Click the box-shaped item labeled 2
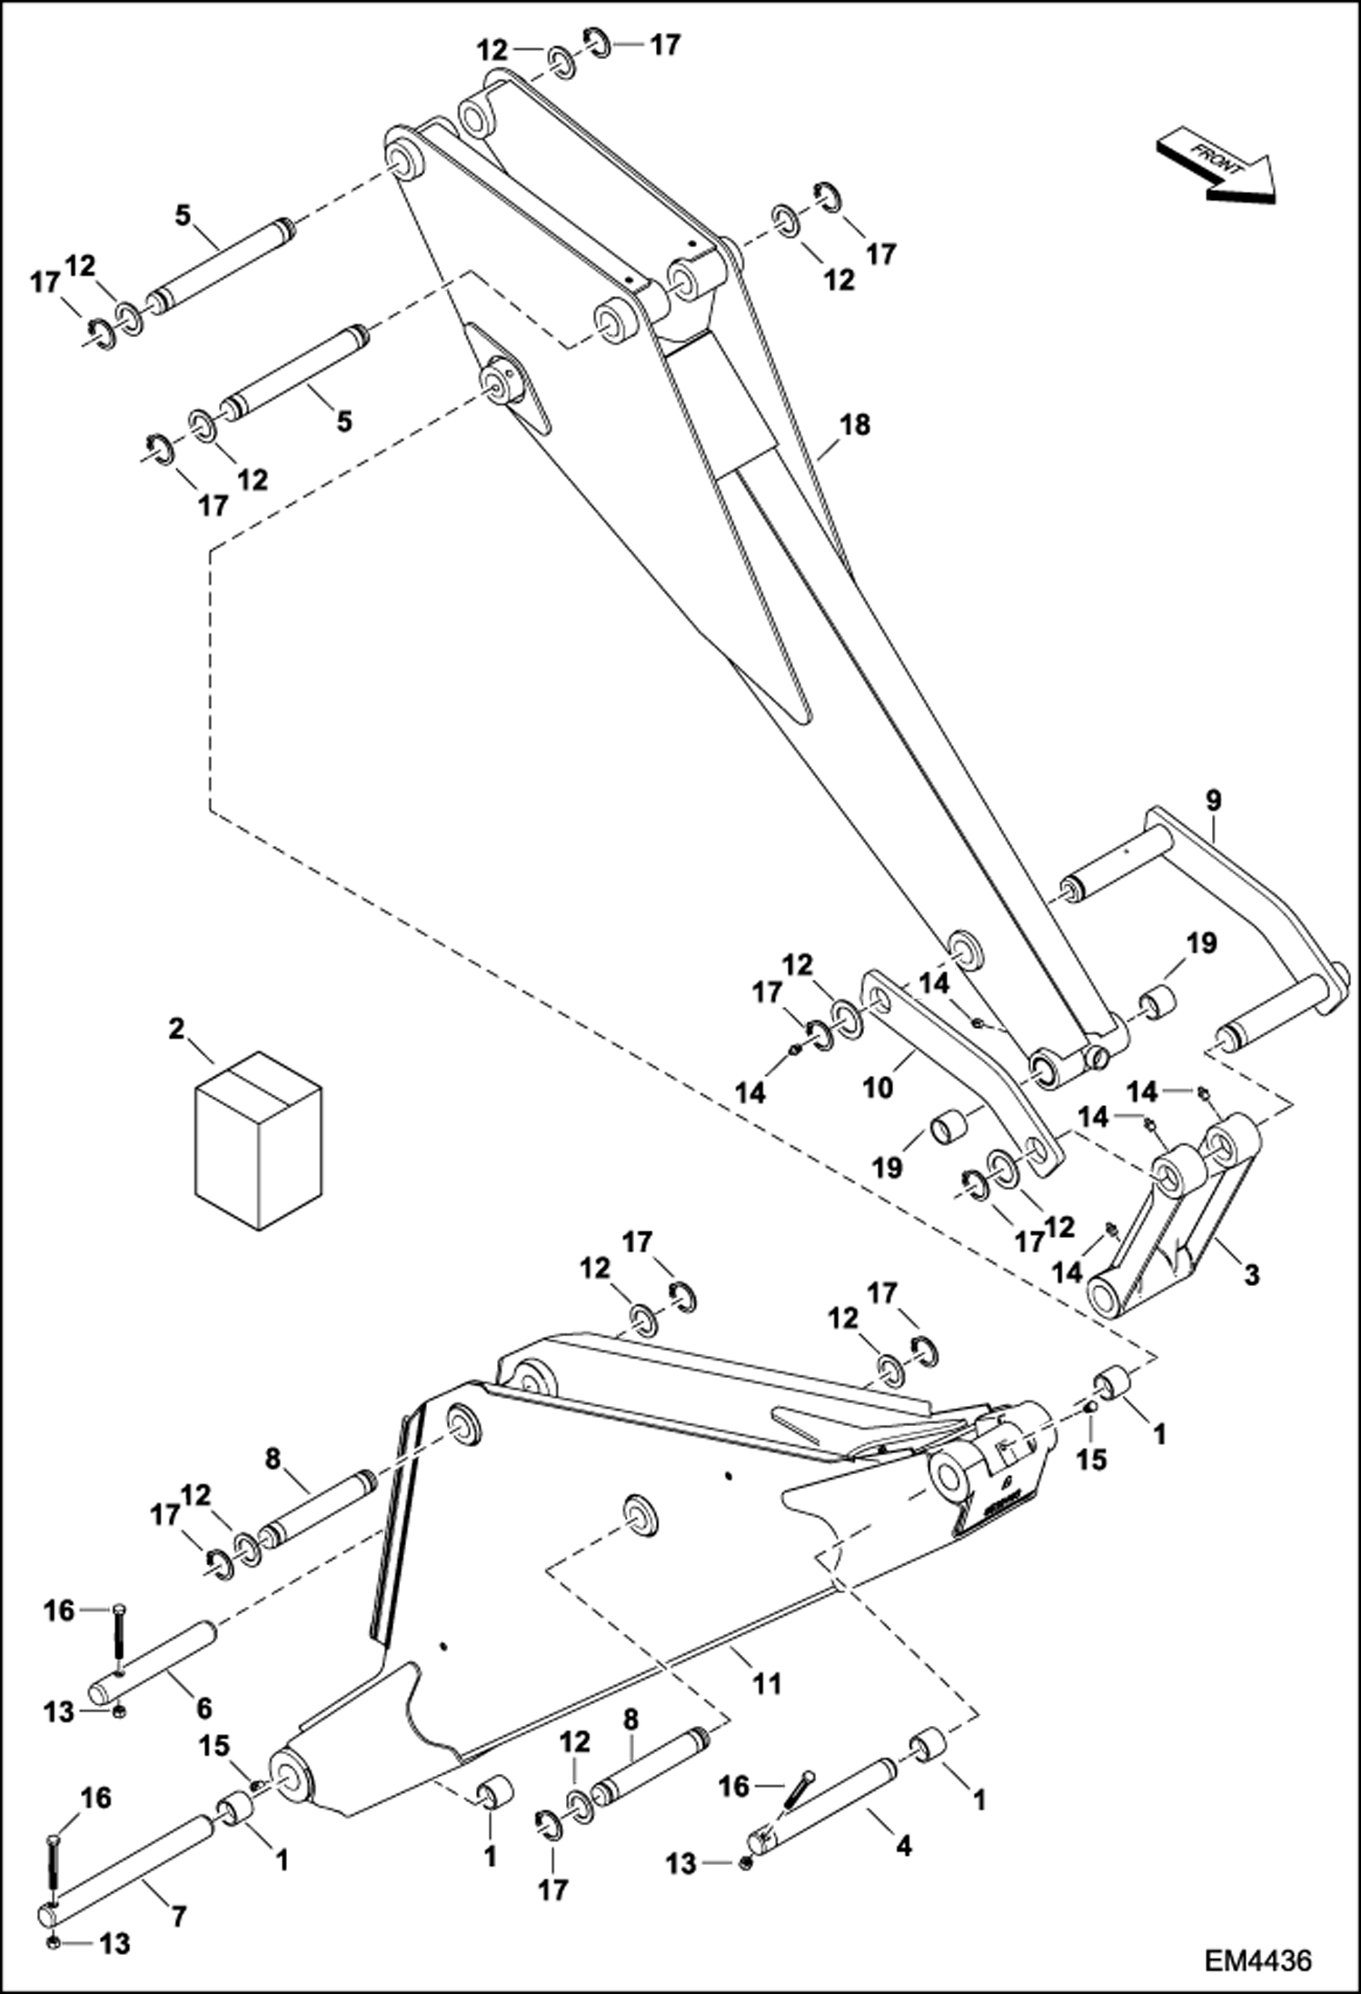[x=258, y=1142]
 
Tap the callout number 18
[x=855, y=424]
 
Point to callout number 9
[x=1213, y=801]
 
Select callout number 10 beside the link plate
[x=878, y=1088]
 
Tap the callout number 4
[x=903, y=1846]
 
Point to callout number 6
[x=204, y=1708]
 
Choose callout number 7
[x=179, y=1917]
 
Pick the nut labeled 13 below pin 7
[x=53, y=1943]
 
